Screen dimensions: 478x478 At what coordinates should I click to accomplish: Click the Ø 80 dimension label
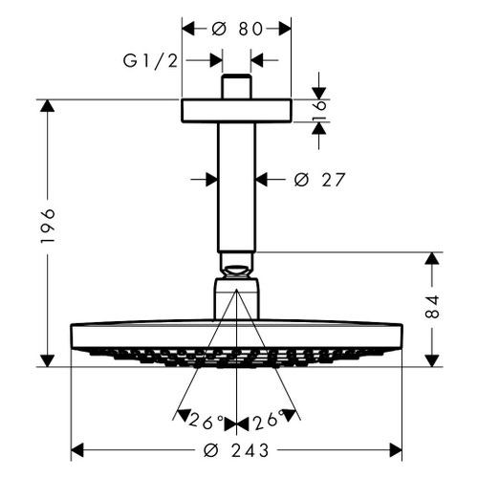(236, 29)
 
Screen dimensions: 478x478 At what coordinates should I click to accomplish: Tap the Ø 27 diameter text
(319, 179)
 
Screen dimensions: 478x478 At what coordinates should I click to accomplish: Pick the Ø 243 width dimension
(236, 450)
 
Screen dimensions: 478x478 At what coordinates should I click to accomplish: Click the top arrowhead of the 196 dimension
(45, 105)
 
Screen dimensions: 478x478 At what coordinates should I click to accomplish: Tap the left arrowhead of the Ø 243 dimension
(78, 449)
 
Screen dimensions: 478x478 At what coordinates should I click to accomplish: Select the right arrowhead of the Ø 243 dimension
(395, 449)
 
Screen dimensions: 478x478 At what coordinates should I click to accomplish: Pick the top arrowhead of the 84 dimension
(431, 259)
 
